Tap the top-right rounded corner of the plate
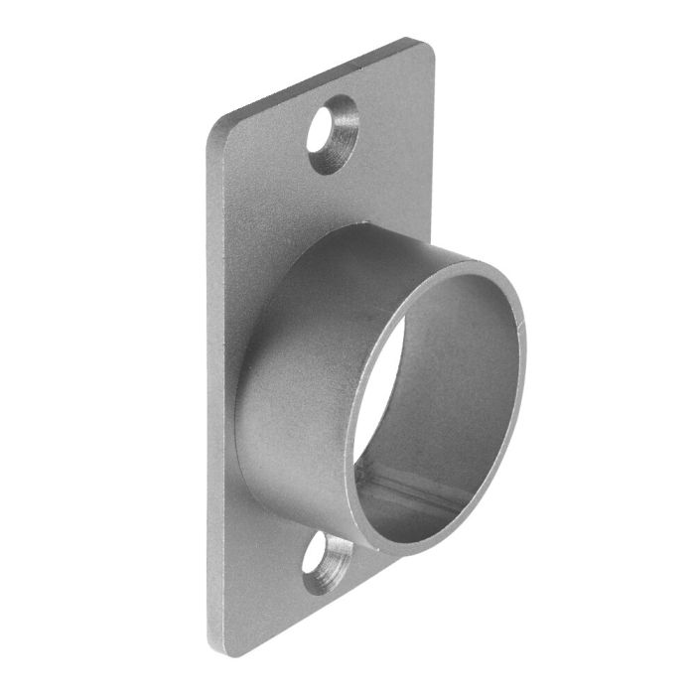tap(427, 48)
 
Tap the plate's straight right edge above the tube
tap(434, 149)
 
